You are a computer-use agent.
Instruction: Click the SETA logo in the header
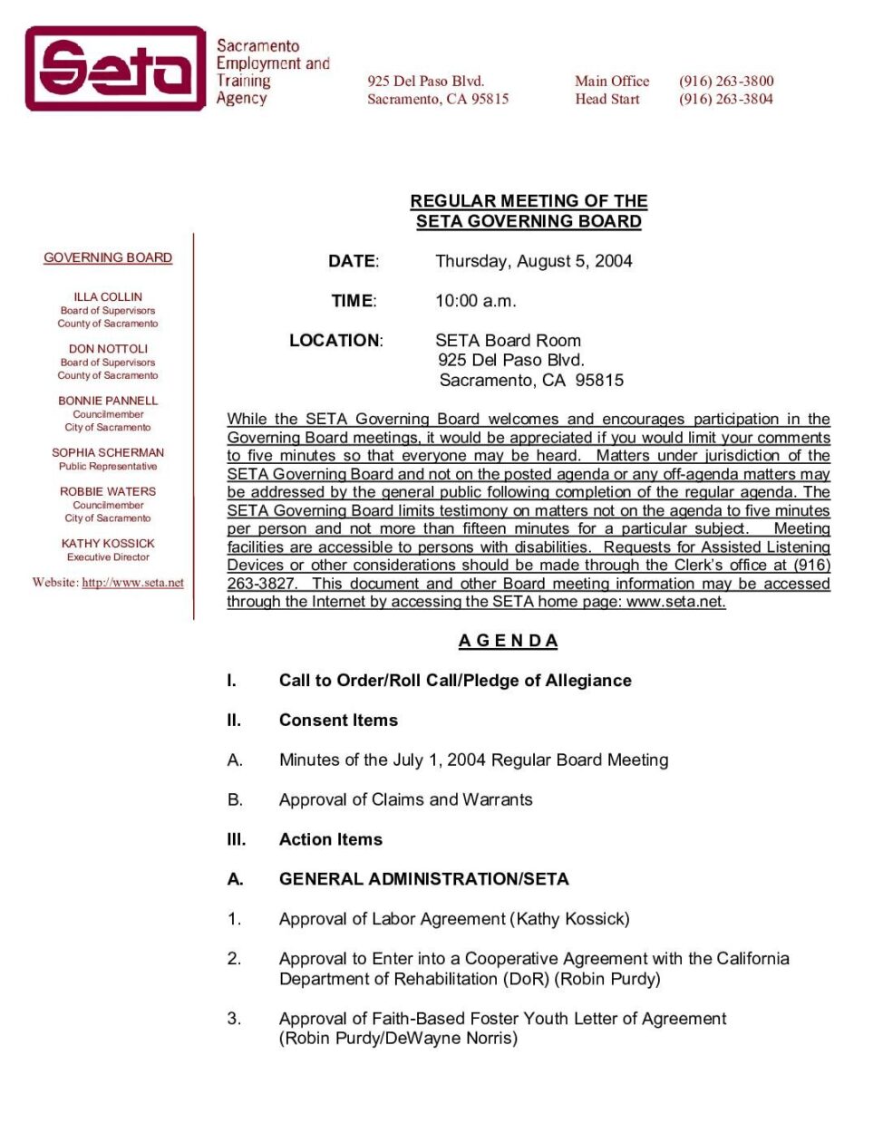pyautogui.click(x=115, y=69)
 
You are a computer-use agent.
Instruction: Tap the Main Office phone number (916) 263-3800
pyautogui.click(x=726, y=81)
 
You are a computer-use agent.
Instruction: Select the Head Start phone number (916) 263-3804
pyautogui.click(x=726, y=99)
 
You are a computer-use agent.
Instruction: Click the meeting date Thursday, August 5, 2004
pyautogui.click(x=533, y=261)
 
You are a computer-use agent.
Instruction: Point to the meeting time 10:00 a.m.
pyautogui.click(x=475, y=301)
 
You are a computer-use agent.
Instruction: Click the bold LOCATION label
pyautogui.click(x=335, y=341)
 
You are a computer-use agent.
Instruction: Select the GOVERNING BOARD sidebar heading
pyautogui.click(x=108, y=257)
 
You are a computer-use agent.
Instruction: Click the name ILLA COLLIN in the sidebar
pyautogui.click(x=108, y=296)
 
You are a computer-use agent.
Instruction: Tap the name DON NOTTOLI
pyautogui.click(x=108, y=348)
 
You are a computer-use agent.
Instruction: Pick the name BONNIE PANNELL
pyautogui.click(x=108, y=400)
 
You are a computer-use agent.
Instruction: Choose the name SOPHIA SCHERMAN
pyautogui.click(x=108, y=452)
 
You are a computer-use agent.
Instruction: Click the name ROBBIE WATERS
pyautogui.click(x=108, y=491)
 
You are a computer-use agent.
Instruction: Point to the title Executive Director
pyautogui.click(x=108, y=557)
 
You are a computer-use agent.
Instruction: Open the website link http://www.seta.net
pyautogui.click(x=132, y=583)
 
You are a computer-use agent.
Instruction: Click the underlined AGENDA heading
pyautogui.click(x=508, y=641)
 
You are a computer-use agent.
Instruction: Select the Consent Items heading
pyautogui.click(x=338, y=721)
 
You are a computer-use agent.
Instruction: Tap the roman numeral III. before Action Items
pyautogui.click(x=236, y=839)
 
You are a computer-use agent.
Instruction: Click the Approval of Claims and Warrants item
pyautogui.click(x=405, y=799)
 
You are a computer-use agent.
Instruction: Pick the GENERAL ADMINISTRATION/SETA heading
pyautogui.click(x=423, y=879)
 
